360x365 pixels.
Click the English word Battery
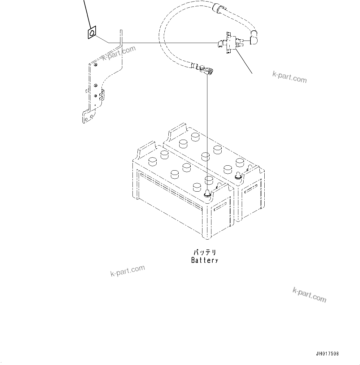pos(205,260)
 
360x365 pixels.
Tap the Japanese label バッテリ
pos(205,253)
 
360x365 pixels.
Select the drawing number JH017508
pos(327,354)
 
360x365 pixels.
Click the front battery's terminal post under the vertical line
pos(207,194)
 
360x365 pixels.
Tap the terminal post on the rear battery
pos(239,176)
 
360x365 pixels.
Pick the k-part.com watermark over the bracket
pos(119,54)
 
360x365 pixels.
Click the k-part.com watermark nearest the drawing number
pos(309,295)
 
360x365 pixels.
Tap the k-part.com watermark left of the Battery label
pos(128,271)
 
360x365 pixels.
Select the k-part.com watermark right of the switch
pos(289,77)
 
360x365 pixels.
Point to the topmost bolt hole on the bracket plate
pos(96,65)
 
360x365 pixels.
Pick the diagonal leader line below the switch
pos(244,62)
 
